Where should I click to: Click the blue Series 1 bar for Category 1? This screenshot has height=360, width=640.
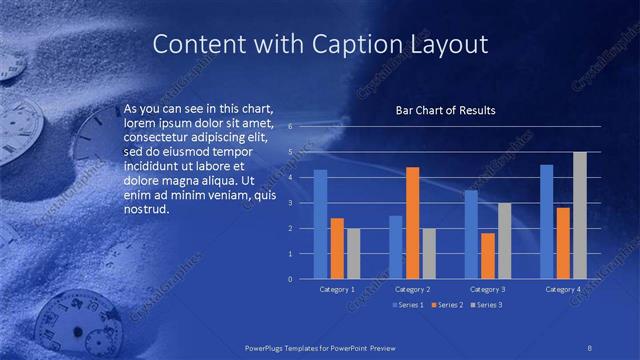pyautogui.click(x=320, y=224)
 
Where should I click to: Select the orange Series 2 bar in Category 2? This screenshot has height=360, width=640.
pyautogui.click(x=413, y=222)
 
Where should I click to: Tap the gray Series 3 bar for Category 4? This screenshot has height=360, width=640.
pyautogui.click(x=580, y=215)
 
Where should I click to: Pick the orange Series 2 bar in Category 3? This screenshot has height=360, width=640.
pyautogui.click(x=488, y=256)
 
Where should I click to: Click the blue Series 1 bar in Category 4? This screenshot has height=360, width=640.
pyautogui.click(x=547, y=221)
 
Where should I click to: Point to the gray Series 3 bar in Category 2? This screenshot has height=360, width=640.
pyautogui.click(x=429, y=253)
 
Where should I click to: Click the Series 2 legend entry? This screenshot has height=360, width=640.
pyautogui.click(x=448, y=304)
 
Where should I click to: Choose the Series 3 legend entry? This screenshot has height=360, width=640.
pyautogui.click(x=487, y=304)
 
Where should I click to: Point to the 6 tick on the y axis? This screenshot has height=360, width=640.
pyautogui.click(x=289, y=127)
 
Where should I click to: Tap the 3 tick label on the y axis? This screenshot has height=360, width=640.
pyautogui.click(x=289, y=203)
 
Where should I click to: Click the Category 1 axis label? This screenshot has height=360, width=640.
pyautogui.click(x=337, y=289)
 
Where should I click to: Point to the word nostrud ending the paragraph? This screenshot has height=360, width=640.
pyautogui.click(x=148, y=210)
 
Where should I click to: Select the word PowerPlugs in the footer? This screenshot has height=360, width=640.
pyautogui.click(x=270, y=347)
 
